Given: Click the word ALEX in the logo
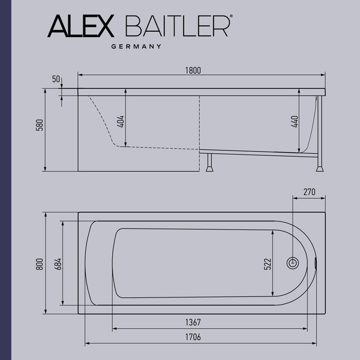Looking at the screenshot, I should (x=80, y=28).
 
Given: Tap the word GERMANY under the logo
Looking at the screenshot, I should (x=138, y=46).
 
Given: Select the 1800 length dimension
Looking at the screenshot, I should (x=193, y=70).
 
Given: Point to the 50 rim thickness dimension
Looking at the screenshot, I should (x=57, y=79).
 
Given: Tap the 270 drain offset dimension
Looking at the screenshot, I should (x=308, y=192).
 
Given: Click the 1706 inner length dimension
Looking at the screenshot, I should (x=192, y=337).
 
